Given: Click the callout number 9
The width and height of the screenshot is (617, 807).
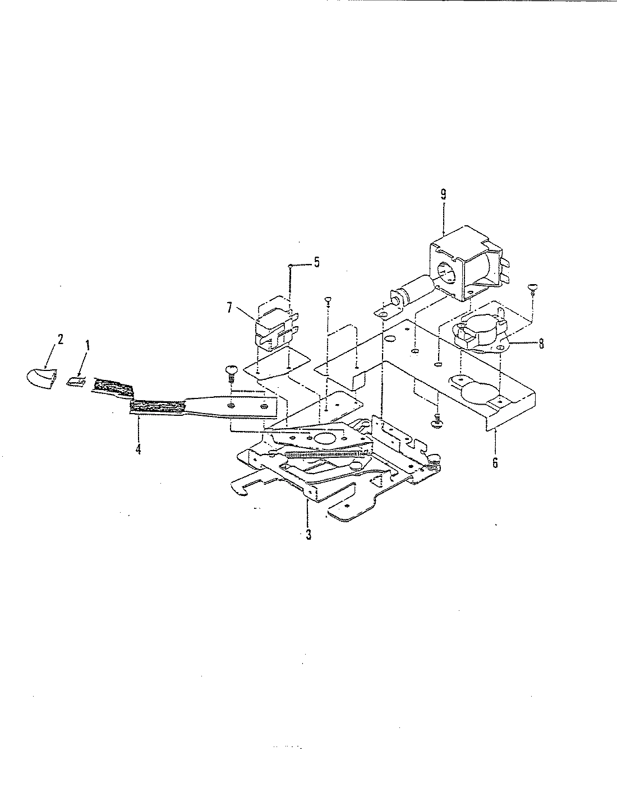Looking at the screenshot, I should click(x=443, y=194).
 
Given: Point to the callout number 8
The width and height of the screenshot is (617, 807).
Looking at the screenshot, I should click(x=541, y=344).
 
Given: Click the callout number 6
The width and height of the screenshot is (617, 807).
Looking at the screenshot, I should click(x=495, y=463).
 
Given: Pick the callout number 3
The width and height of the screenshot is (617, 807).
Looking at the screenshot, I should click(x=308, y=535).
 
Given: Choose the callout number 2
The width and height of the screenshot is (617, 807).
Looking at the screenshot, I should click(x=60, y=340).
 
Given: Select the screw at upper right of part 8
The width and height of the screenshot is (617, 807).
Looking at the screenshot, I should click(x=532, y=289).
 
